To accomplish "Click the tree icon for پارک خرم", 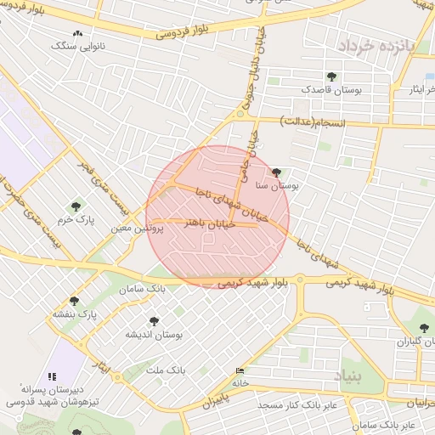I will [x=76, y=206].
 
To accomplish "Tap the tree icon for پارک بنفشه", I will [x=74, y=301].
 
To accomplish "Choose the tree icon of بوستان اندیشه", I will [x=154, y=321].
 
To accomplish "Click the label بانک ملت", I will [x=166, y=371].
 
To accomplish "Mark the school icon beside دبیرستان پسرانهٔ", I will [x=53, y=376].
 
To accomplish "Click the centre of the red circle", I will [x=217, y=217].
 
